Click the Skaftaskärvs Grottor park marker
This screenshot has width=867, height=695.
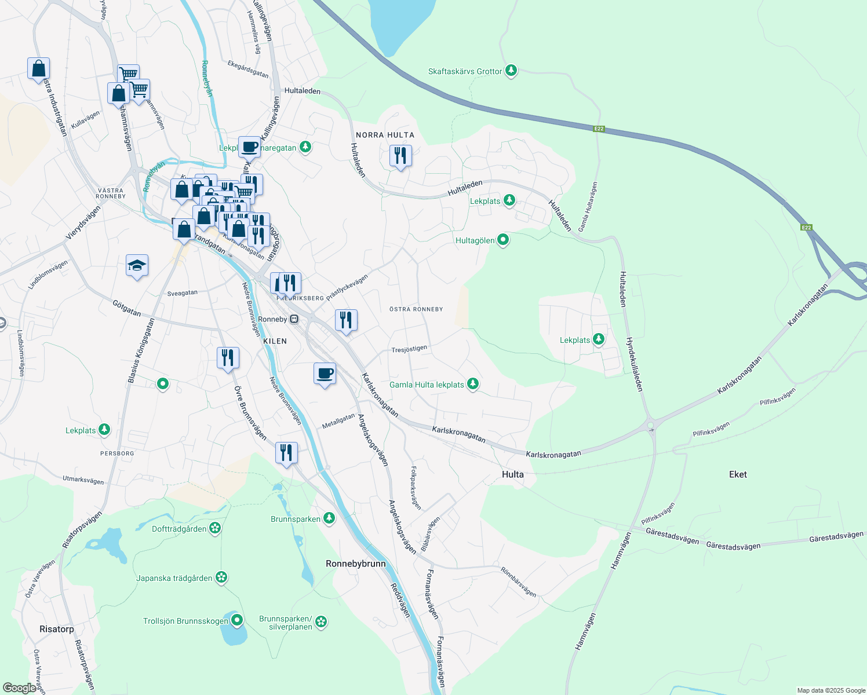click(x=511, y=71)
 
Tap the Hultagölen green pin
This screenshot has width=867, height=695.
click(x=503, y=239)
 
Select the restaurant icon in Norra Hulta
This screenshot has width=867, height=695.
click(x=400, y=156)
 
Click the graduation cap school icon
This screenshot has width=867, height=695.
click(x=137, y=266)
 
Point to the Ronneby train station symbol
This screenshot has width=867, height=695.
click(x=294, y=319)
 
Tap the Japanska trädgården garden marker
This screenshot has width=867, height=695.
click(x=221, y=577)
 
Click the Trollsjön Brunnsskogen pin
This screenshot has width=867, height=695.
click(x=236, y=621)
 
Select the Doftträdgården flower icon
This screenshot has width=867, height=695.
click(x=215, y=528)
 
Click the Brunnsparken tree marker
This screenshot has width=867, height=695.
click(x=329, y=518)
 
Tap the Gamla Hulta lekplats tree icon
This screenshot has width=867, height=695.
click(x=473, y=384)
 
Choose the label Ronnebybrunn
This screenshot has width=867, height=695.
click(x=355, y=564)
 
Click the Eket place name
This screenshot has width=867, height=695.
click(x=738, y=474)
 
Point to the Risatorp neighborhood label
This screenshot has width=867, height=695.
click(x=57, y=629)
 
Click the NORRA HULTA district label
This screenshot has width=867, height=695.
click(x=385, y=135)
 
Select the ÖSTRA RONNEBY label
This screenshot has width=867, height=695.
click(x=416, y=309)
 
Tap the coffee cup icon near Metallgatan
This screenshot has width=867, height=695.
click(x=325, y=374)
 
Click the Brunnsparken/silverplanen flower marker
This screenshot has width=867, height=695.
click(x=321, y=622)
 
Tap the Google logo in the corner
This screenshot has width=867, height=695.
click(x=19, y=687)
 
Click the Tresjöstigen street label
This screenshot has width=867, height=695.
click(x=409, y=349)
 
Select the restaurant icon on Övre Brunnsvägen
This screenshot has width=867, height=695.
click(x=228, y=358)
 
